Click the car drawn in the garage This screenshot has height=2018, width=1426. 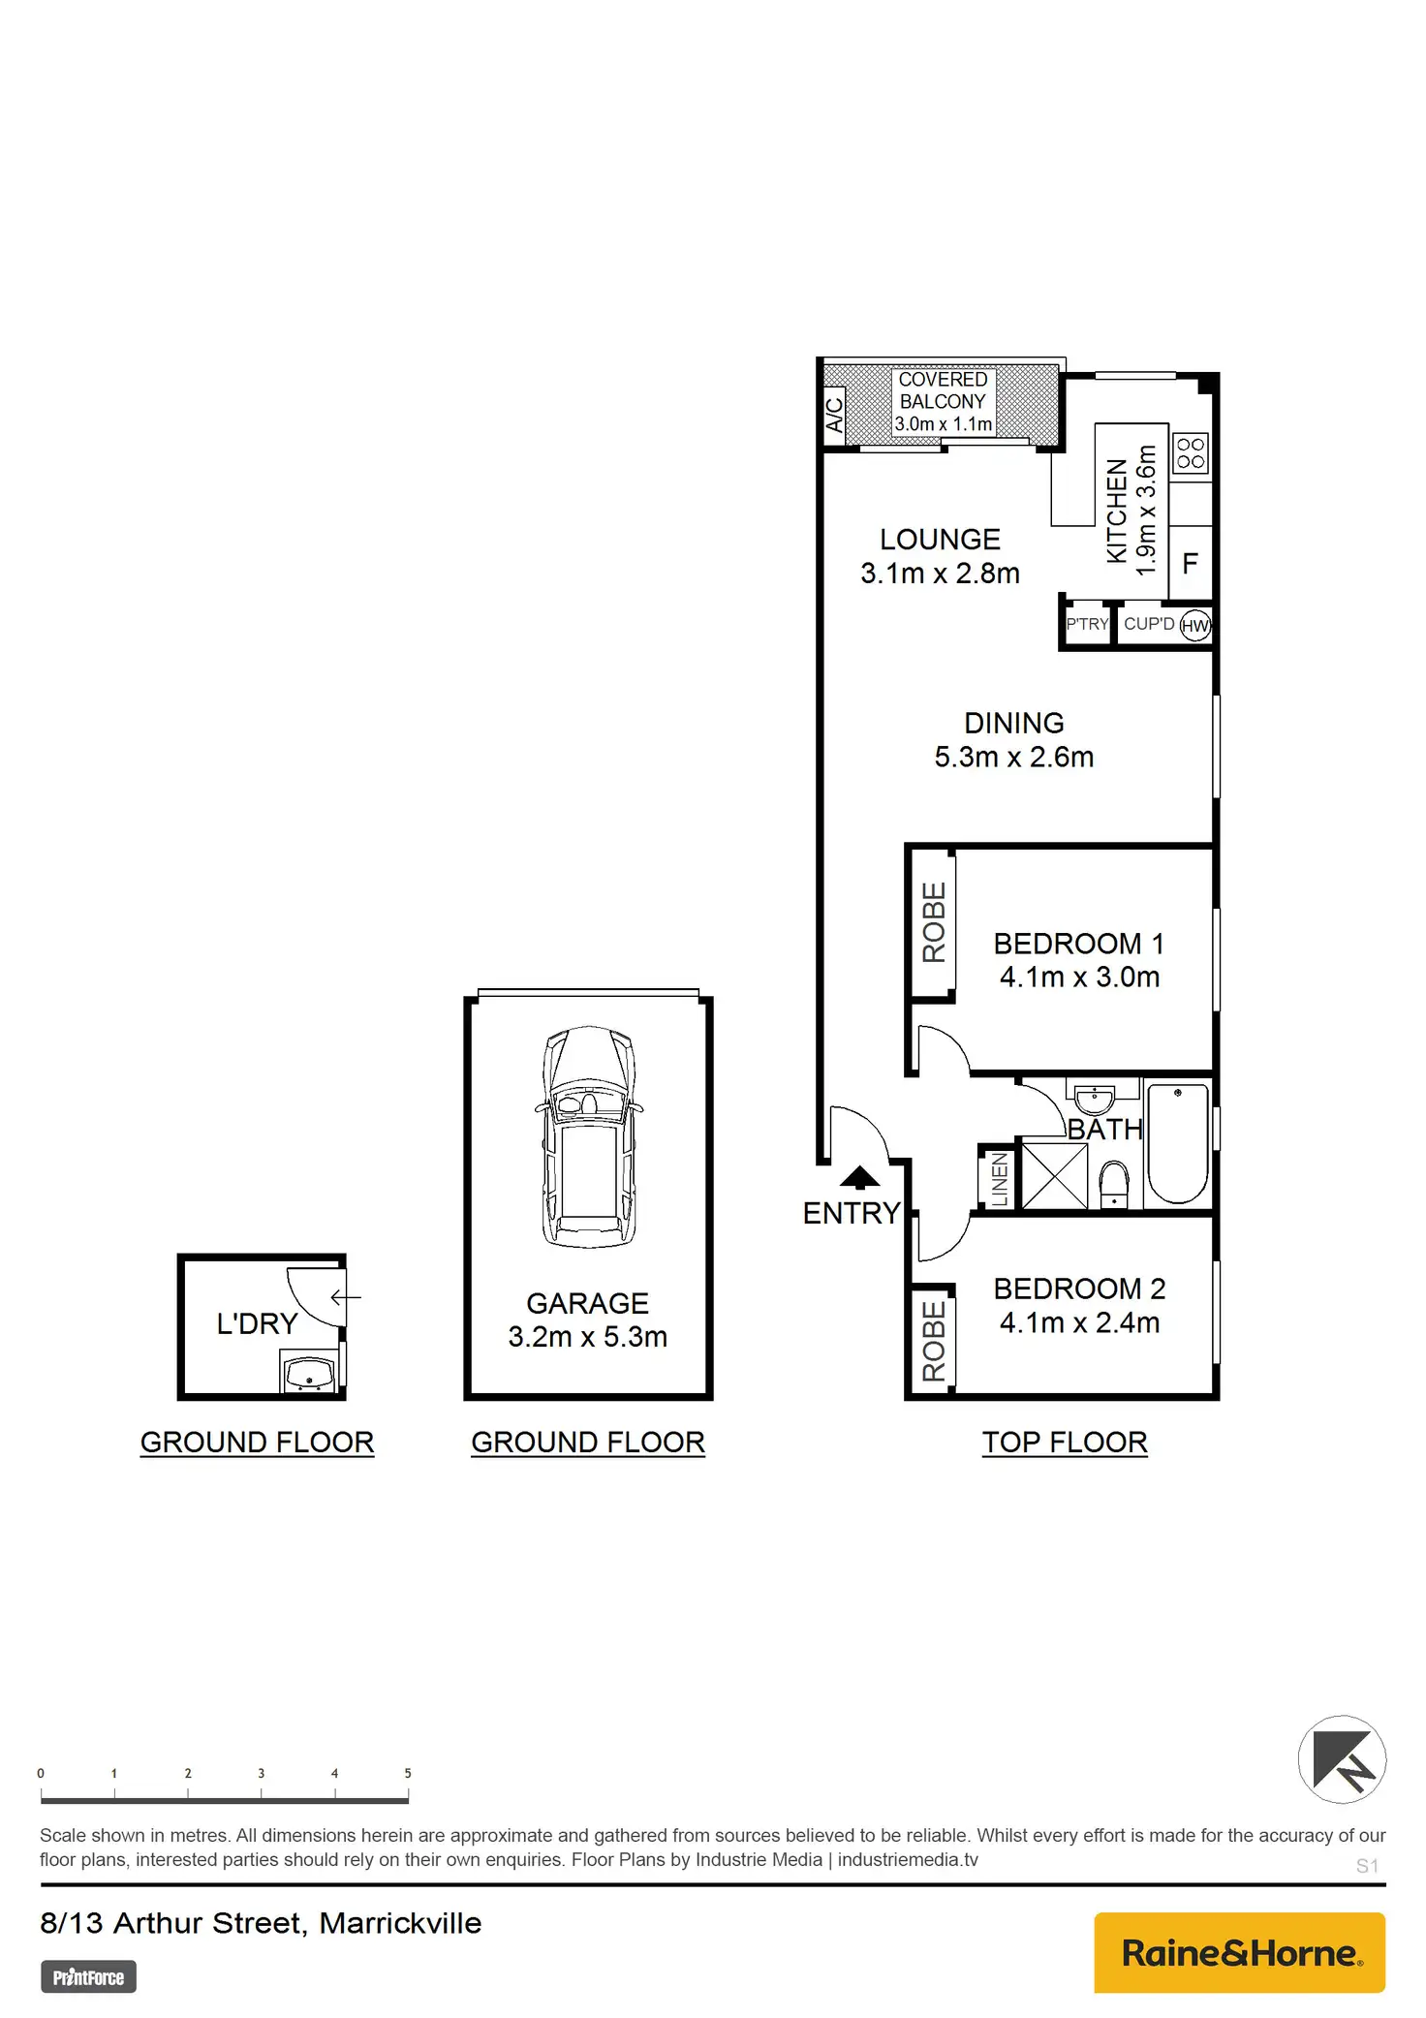tap(588, 1136)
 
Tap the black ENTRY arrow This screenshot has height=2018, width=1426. tap(859, 1177)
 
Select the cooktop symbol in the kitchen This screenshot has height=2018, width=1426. tap(1191, 452)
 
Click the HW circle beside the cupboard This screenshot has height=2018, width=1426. tap(1195, 625)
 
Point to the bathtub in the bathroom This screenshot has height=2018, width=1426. tap(1178, 1143)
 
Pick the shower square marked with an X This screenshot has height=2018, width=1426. tap(1054, 1175)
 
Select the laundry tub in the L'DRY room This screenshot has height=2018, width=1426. tap(309, 1373)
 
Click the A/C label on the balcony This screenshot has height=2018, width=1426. tap(834, 415)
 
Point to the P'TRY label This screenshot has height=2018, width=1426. tap(1087, 624)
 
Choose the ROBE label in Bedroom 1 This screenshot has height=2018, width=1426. tap(934, 921)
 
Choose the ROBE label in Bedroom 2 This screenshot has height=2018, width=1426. tap(934, 1341)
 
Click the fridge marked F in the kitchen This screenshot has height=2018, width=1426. tap(1191, 563)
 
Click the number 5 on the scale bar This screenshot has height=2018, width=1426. tap(408, 1773)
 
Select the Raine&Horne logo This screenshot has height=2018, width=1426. tap(1239, 1952)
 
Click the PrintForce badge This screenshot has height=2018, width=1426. tap(88, 1976)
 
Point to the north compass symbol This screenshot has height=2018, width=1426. tap(1342, 1759)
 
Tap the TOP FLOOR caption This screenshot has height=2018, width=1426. tap(1065, 1443)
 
